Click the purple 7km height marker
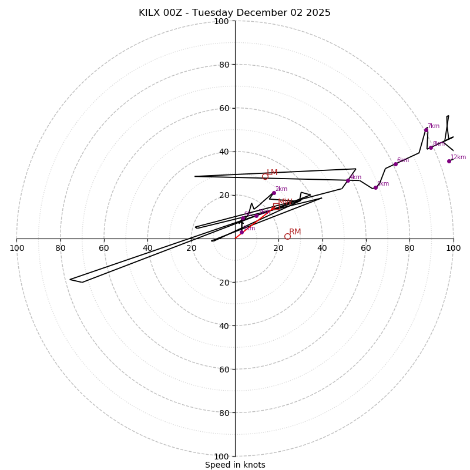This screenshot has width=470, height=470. click(426, 130)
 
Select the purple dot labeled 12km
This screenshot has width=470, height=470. click(449, 161)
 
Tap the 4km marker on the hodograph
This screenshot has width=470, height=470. click(348, 180)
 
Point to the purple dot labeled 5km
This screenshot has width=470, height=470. click(375, 187)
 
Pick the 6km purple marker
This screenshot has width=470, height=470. click(395, 164)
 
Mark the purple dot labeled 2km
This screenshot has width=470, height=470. click(274, 193)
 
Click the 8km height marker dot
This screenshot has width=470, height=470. click(431, 147)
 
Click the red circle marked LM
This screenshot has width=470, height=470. click(265, 176)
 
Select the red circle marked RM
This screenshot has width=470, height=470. click(287, 236)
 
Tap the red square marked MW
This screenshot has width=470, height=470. click(275, 206)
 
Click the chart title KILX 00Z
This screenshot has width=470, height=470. click(234, 13)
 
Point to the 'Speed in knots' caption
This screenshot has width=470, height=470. click(235, 465)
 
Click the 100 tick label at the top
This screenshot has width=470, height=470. click(221, 21)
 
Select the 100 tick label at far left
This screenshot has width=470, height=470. click(16, 248)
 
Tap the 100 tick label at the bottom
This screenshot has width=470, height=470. click(221, 456)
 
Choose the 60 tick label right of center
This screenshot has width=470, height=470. click(365, 248)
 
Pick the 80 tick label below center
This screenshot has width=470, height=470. click(224, 413)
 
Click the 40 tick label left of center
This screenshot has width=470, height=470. click(147, 248)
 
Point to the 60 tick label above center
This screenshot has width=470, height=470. click(224, 108)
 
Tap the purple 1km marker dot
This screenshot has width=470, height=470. click(241, 232)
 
